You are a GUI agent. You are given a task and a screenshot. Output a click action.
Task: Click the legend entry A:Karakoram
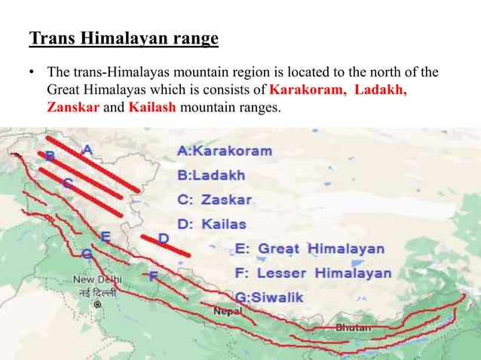[x=224, y=151]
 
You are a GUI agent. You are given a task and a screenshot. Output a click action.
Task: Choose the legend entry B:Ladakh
[x=210, y=175]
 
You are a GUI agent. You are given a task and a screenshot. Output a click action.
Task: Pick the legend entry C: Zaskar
[x=214, y=200]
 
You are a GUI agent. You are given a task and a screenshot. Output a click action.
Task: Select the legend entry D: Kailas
[x=210, y=224]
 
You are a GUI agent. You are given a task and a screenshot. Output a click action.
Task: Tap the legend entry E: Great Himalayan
[x=309, y=249]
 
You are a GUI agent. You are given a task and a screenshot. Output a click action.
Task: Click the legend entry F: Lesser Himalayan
[x=313, y=273]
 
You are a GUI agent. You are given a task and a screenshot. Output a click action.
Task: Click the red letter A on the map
[x=87, y=151]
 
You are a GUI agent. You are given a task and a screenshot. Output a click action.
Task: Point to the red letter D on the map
[x=164, y=239]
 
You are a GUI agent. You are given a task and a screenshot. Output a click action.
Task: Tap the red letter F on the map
[x=153, y=276]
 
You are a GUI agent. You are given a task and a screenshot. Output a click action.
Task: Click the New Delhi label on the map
[x=95, y=280]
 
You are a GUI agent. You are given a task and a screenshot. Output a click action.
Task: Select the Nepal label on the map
[x=228, y=310]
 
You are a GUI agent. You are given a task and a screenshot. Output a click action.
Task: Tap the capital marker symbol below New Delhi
[x=97, y=304]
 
